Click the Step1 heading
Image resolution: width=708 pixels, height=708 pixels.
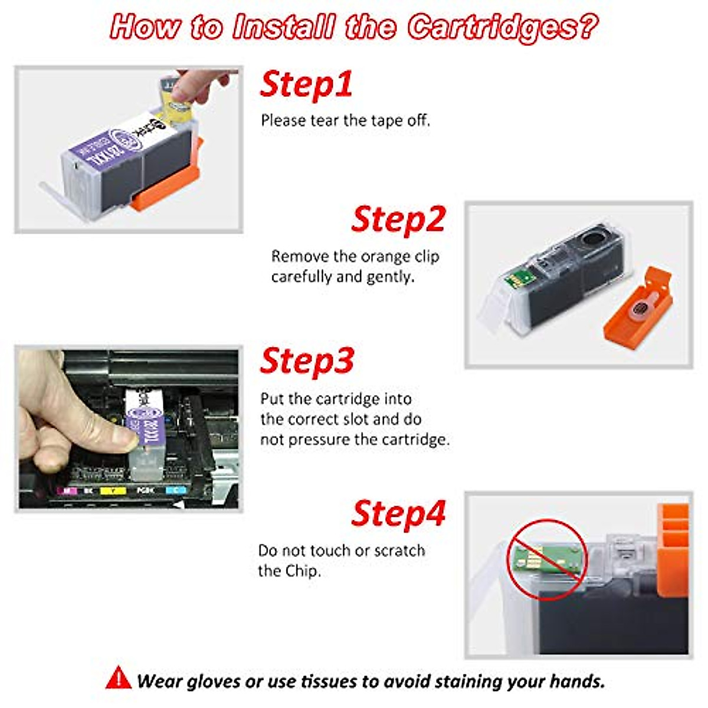306,84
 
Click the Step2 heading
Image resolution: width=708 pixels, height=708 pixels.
398,219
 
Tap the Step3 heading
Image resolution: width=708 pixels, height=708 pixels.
306,360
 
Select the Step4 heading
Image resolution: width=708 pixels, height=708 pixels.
398,513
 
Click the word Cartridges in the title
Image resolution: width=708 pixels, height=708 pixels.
502,27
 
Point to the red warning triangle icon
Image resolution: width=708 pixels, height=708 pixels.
119,678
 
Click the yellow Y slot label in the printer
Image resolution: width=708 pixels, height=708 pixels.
112,490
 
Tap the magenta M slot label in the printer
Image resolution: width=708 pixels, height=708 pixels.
67,490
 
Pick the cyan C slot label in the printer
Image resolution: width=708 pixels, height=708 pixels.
176,490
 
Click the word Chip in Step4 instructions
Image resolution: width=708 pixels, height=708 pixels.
303,571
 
